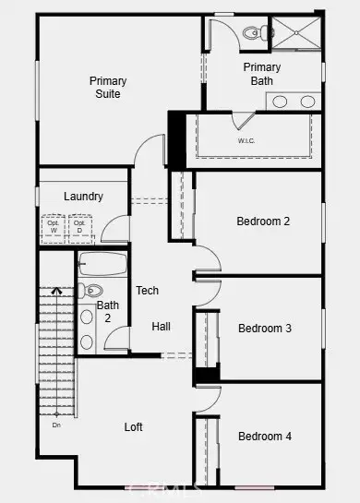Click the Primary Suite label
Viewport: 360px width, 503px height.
click(x=108, y=88)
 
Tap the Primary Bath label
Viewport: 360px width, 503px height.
click(x=261, y=74)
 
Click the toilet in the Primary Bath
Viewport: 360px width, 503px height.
click(x=256, y=33)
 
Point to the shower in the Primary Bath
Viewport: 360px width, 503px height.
click(x=295, y=33)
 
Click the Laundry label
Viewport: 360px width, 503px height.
click(x=83, y=197)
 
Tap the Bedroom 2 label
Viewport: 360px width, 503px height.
click(x=264, y=222)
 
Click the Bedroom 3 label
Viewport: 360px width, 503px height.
click(x=265, y=329)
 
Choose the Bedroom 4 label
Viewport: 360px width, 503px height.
click(x=265, y=436)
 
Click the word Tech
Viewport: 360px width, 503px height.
click(x=148, y=291)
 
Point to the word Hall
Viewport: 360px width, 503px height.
click(x=162, y=327)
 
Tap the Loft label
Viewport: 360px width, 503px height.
click(x=135, y=427)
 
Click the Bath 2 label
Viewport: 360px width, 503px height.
click(x=108, y=312)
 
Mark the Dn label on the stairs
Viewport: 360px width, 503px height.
click(x=56, y=425)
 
